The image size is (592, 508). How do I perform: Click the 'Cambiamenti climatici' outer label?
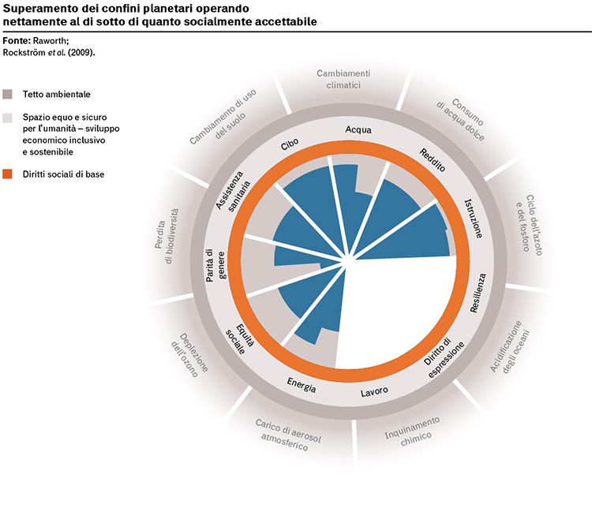coord(343,79)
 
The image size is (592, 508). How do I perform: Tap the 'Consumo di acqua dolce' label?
coord(461,119)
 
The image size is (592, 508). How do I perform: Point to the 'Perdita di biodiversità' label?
coord(166,236)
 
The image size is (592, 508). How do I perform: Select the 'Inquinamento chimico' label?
coord(411,432)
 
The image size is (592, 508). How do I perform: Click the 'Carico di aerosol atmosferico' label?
coord(287,435)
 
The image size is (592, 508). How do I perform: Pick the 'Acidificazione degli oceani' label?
coord(511,348)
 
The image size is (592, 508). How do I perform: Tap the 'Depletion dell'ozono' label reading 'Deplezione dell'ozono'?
coord(189,354)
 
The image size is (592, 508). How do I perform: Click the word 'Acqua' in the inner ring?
coord(358,130)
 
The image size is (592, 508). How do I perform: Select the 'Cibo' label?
coord(290,144)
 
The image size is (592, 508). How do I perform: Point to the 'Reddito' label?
coord(433,160)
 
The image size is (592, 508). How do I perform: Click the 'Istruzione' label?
coord(474,219)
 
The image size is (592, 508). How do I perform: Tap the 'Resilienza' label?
coord(478,293)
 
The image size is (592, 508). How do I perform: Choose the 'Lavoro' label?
coord(374,392)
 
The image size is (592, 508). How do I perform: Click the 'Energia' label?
coord(302,385)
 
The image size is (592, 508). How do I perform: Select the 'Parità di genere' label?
coord(215,265)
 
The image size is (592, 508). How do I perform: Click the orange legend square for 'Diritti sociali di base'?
coord(7,174)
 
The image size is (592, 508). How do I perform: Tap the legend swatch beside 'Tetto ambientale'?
coord(7,94)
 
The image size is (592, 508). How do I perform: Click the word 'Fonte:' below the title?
coord(17,41)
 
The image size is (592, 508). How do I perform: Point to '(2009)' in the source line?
coord(81,53)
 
